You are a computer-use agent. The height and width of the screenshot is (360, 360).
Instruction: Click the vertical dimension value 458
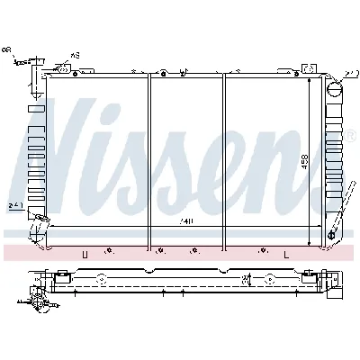point(305,161)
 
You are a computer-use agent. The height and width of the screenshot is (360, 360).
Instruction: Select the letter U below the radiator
point(85,256)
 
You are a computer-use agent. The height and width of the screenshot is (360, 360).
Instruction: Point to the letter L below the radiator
point(285,256)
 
